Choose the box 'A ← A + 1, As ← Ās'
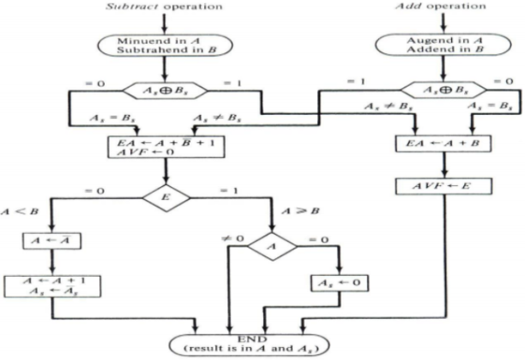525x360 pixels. tap(39, 285)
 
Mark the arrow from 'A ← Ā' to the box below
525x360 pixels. tap(39, 261)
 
